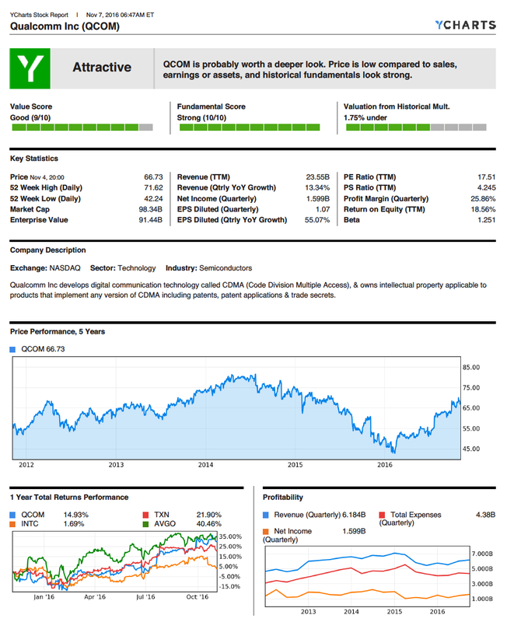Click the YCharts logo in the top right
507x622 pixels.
click(x=466, y=25)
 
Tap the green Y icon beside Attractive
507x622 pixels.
click(x=30, y=68)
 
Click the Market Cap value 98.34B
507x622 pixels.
click(x=150, y=209)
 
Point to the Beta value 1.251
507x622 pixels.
click(x=486, y=220)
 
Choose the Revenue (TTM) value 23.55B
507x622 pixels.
click(x=318, y=176)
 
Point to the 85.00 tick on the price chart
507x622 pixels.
click(x=471, y=368)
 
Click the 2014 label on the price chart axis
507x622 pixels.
click(x=205, y=465)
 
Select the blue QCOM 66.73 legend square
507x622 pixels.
click(x=13, y=349)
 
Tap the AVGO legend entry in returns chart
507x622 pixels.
click(x=163, y=524)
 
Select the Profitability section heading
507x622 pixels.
click(x=283, y=497)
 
